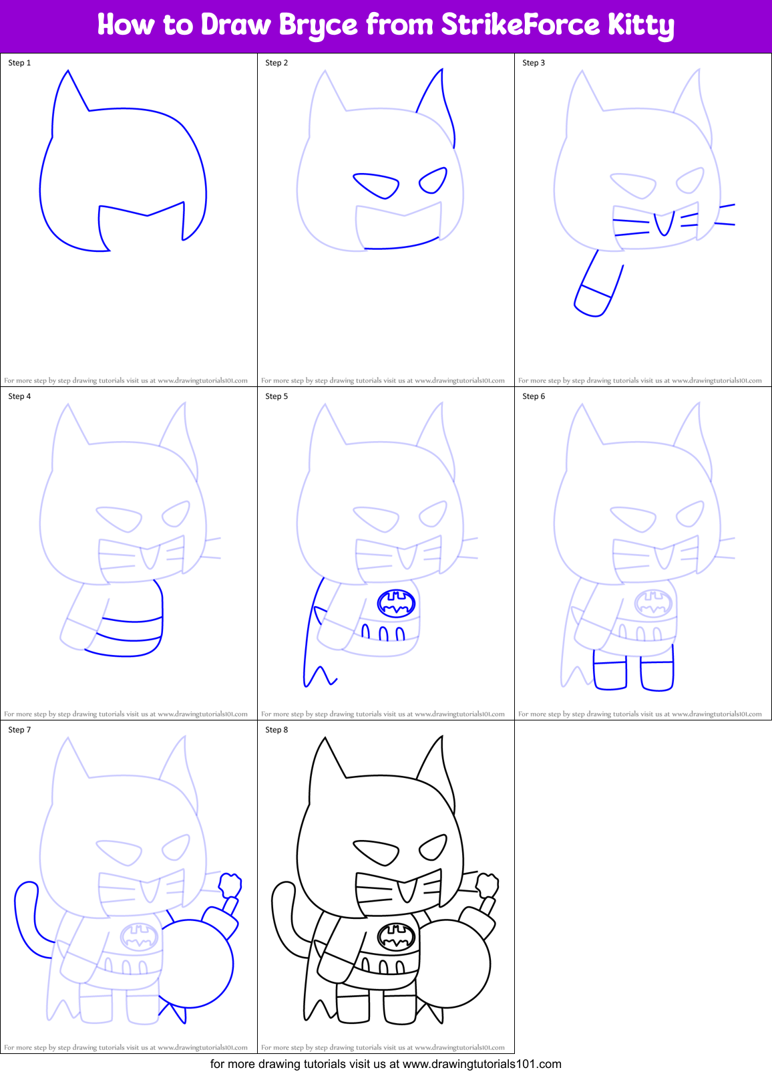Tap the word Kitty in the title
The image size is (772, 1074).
click(640, 25)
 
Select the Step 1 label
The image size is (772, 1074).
click(19, 63)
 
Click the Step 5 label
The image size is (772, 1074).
click(276, 396)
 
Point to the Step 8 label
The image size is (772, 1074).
click(276, 730)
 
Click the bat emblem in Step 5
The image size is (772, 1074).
click(396, 603)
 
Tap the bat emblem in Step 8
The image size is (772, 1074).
click(396, 937)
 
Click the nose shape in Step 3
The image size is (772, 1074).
click(663, 224)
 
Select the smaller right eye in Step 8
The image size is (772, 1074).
click(433, 847)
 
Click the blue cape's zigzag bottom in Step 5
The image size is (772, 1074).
click(319, 676)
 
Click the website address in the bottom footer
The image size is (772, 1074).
click(481, 1064)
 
